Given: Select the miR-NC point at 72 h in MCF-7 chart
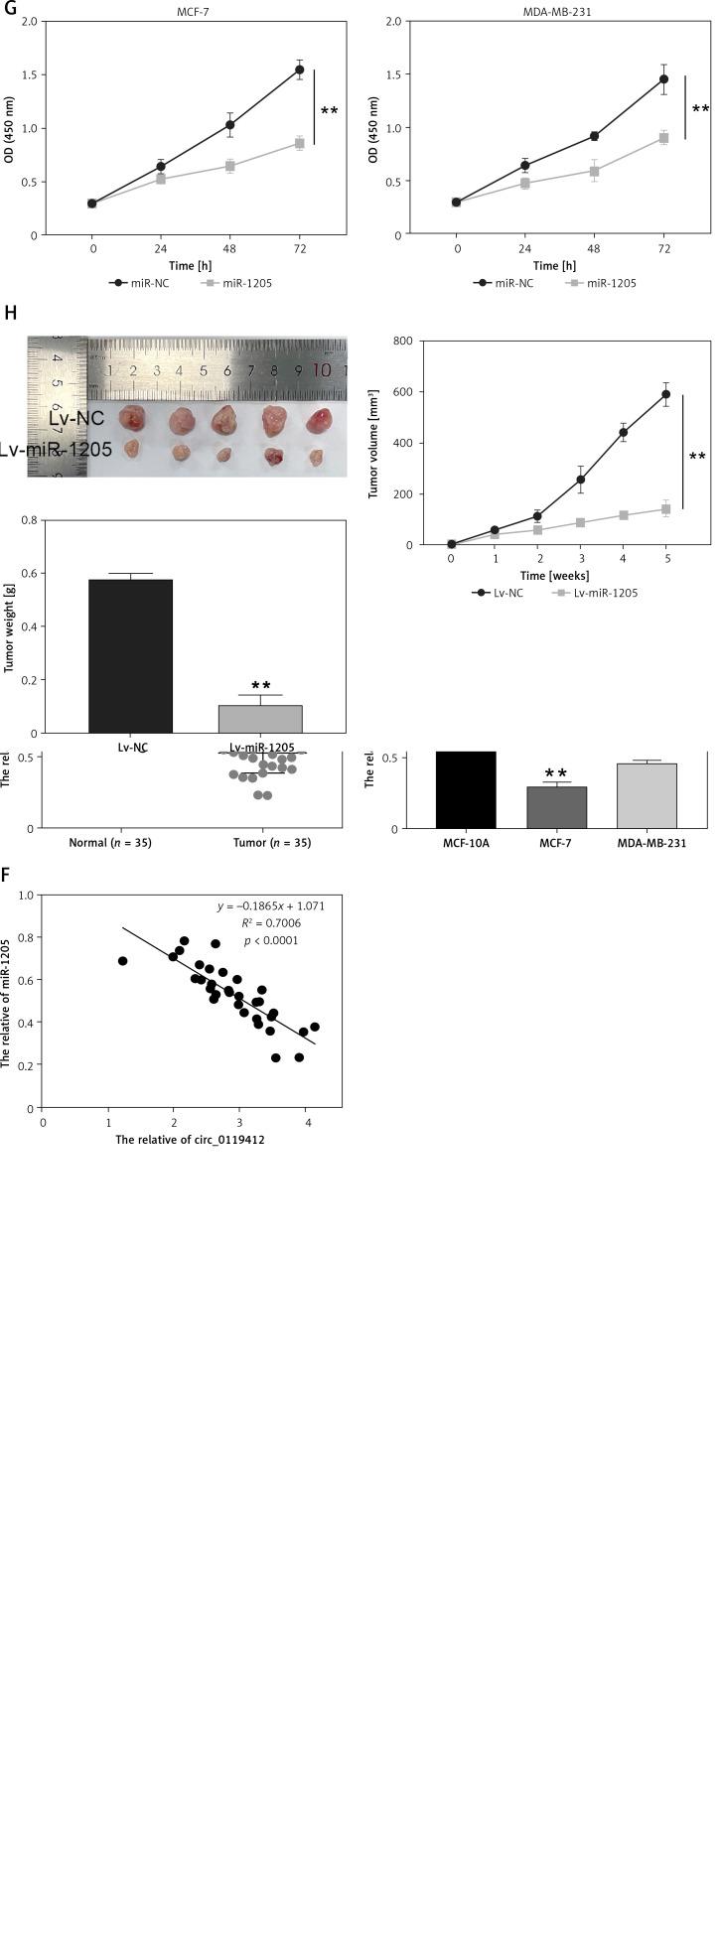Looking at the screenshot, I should coord(299,69).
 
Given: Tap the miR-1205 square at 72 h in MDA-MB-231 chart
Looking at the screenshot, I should coord(664,138).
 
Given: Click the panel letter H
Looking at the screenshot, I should coord(10,314).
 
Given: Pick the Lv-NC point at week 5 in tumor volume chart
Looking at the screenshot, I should coord(666,394).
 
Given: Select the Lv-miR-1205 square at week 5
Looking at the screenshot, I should coord(666,509).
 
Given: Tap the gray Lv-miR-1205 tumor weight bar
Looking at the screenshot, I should coord(260,719).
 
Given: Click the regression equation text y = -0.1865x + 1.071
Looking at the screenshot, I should coord(271,905).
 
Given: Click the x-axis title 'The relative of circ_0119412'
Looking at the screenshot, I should coord(190,1140).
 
